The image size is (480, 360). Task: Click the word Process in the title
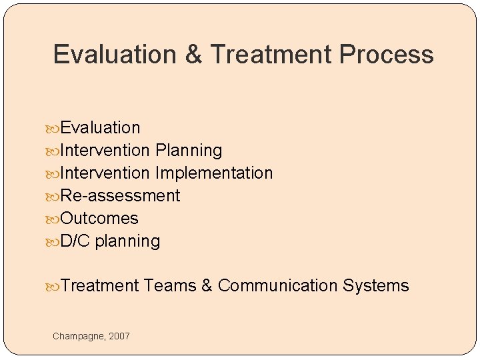387,55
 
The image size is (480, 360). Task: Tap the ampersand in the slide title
194,55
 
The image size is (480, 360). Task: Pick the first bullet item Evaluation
100,127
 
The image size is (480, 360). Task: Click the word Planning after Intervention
189,151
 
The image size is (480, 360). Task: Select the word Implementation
214,173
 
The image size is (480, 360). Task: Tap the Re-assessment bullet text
120,196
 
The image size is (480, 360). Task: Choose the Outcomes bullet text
99,219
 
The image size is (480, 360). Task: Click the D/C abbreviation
75,241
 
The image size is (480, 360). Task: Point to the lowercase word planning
127,241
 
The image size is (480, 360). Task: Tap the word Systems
375,286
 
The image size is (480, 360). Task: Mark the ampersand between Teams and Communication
207,286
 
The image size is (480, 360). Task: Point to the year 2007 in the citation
120,336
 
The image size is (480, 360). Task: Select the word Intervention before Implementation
105,173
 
